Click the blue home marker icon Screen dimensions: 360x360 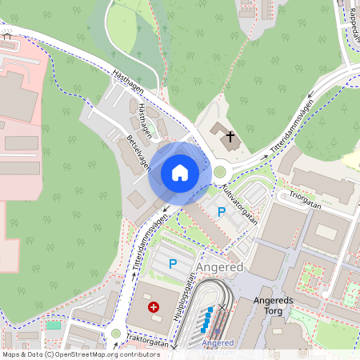click(180, 172)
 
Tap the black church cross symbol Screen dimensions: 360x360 click(230, 137)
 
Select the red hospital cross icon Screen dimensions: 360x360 click(153, 306)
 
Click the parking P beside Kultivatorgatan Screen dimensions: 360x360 click(222, 211)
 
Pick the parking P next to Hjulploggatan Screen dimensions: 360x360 click(170, 262)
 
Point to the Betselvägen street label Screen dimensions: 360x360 click(138, 152)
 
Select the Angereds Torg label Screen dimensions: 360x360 click(274, 306)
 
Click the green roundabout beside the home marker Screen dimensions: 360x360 click(219, 170)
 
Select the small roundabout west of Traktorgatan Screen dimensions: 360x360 click(115, 334)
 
